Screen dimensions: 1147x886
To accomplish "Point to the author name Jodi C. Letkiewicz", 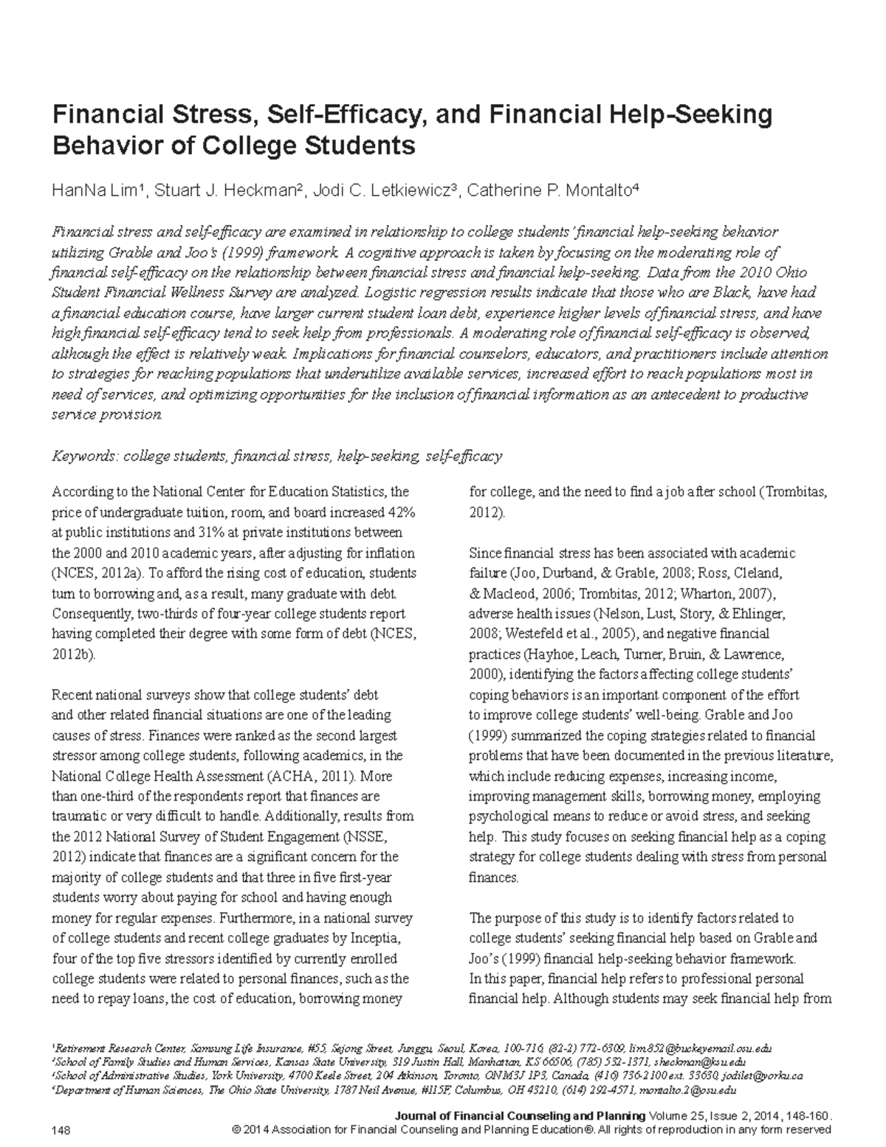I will [386, 191].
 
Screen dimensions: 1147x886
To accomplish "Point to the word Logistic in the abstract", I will [388, 292].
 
